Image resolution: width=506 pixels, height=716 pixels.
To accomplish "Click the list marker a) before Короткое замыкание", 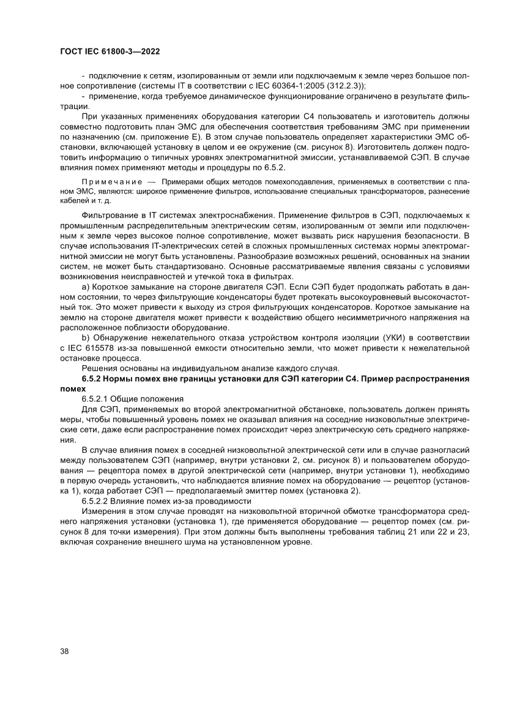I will [85, 287].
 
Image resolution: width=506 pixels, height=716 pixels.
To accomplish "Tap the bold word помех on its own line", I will [72, 388].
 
